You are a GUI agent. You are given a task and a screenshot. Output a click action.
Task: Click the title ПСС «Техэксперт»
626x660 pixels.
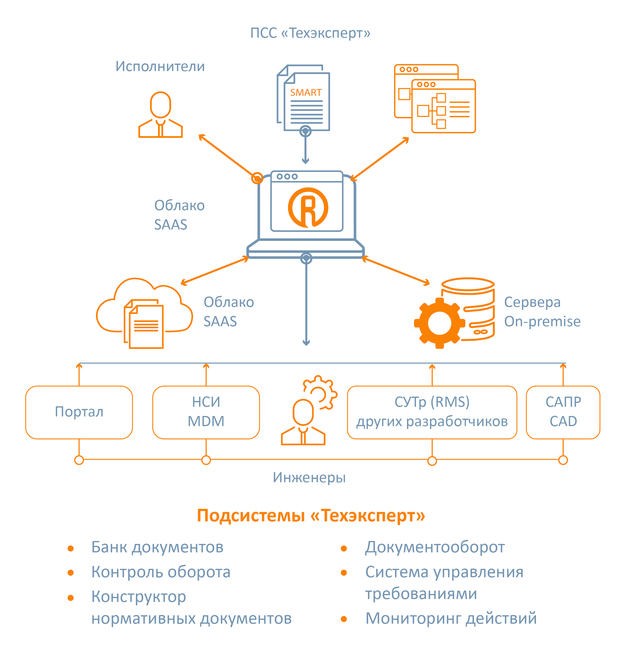(x=310, y=33)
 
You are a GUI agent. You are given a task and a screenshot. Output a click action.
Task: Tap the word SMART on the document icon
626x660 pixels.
(x=306, y=92)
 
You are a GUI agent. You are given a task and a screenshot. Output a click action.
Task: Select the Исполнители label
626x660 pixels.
(x=160, y=66)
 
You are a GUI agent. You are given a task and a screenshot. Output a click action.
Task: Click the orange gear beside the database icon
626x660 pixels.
(x=439, y=323)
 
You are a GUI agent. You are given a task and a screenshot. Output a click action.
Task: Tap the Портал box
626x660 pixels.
(x=79, y=412)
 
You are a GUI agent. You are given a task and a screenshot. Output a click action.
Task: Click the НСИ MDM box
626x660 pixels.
(x=206, y=412)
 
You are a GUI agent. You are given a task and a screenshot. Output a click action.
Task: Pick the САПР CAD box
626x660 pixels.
(x=563, y=412)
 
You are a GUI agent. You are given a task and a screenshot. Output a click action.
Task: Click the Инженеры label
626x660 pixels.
(x=309, y=478)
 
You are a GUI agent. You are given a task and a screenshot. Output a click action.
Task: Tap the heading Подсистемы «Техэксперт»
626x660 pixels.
(x=311, y=515)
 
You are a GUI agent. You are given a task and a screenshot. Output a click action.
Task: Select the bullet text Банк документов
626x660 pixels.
(x=157, y=547)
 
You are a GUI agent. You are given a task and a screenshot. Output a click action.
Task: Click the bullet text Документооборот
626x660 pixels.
(x=435, y=547)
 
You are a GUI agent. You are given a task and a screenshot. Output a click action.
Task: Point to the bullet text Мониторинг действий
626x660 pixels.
(x=451, y=618)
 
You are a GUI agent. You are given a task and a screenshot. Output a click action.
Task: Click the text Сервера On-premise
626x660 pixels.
(x=542, y=312)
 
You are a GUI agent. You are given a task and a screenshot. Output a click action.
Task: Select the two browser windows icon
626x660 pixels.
(x=435, y=99)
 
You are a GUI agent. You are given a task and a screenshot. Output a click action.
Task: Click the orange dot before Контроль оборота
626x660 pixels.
(x=70, y=573)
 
